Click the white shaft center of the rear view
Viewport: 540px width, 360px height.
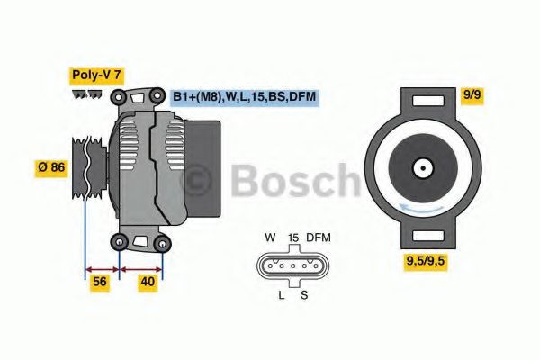pos(420,167)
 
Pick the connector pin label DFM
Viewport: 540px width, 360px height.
pos(319,238)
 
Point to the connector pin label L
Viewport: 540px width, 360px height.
pos(280,295)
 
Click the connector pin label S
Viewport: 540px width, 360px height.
pos(304,295)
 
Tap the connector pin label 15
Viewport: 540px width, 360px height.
pos(292,238)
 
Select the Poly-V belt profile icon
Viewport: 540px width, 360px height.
pos(87,94)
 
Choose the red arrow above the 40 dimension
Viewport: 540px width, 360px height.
pos(142,268)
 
